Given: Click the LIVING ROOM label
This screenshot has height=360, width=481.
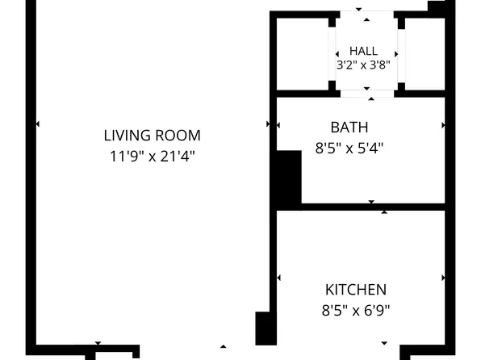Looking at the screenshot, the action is point(153,136).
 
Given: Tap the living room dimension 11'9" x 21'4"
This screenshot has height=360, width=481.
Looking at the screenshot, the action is point(153,157).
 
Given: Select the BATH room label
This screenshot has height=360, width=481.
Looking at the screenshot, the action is point(349,128).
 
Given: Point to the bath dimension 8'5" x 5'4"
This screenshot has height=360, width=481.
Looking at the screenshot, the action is point(349,149).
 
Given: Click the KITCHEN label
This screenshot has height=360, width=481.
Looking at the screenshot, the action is point(356,290).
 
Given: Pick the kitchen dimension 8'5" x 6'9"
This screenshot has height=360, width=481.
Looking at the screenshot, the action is point(356,311).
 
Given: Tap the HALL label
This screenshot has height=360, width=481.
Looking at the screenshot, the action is point(363,51).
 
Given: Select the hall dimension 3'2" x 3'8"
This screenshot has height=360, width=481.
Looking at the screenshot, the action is point(363,65).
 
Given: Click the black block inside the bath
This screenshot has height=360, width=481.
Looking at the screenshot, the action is point(289,177).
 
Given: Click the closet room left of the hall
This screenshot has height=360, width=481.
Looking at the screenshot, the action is point(303,54).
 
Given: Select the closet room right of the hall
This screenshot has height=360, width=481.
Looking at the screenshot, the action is point(425,54).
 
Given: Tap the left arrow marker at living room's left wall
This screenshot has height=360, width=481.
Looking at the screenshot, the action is point(37,124).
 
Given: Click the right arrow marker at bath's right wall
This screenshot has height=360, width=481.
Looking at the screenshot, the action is point(443,125).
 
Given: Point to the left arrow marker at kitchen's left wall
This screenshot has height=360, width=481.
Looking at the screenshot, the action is point(278,278).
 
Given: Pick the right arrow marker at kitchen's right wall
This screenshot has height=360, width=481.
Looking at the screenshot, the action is point(443,278).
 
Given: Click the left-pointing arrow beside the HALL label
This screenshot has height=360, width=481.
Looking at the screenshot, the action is point(337,54).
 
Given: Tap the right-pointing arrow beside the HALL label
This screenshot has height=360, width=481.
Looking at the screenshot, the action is point(396,54).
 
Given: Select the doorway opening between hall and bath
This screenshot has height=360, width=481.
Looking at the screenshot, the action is point(367,94).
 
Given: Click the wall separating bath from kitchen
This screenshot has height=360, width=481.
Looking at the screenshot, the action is point(373,207).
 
